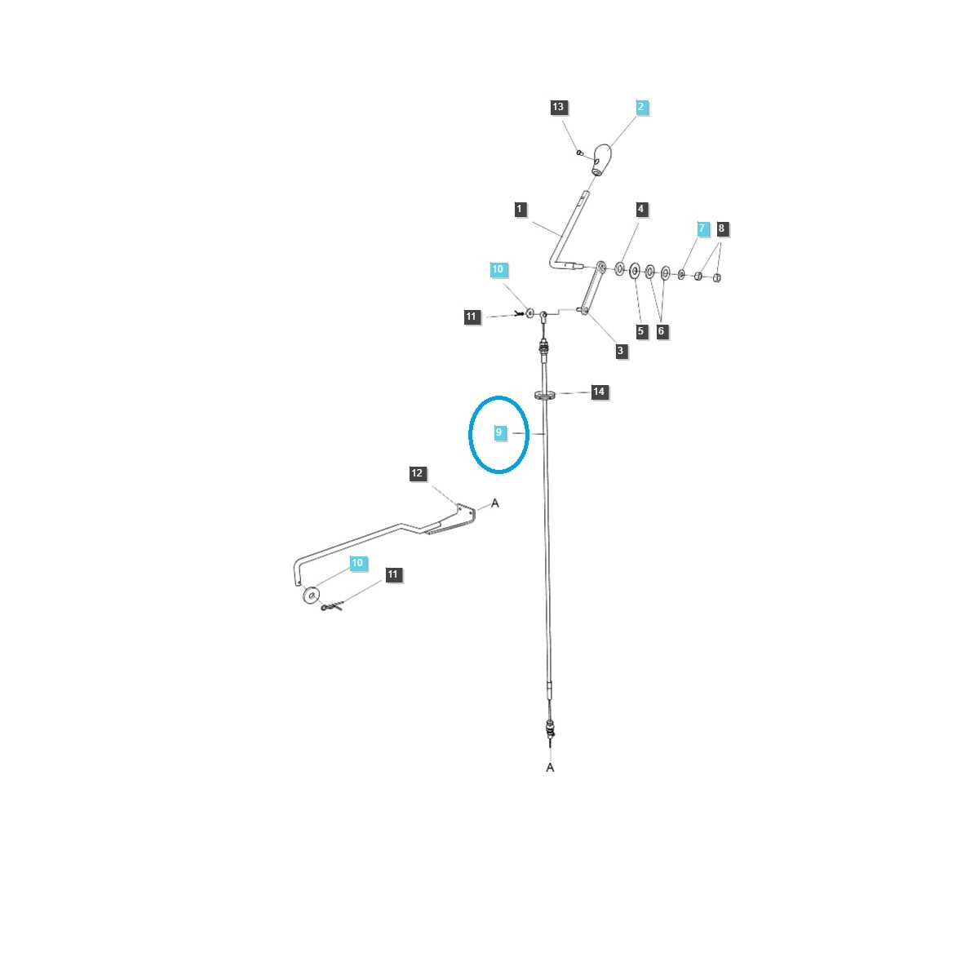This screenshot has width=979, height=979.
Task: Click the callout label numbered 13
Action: (x=558, y=108)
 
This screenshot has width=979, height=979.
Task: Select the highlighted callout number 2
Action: (x=641, y=107)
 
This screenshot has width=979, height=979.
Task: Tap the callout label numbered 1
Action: (x=521, y=210)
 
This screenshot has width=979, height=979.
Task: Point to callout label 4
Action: (x=641, y=210)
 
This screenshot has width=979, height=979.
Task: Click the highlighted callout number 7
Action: (x=702, y=229)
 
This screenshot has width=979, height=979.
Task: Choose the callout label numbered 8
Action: (x=721, y=229)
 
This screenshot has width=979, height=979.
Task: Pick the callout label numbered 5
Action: (x=641, y=331)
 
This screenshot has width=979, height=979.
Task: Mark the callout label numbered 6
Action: (x=662, y=331)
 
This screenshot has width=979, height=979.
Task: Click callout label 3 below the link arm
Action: (x=621, y=351)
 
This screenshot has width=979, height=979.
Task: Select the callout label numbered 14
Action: (x=599, y=392)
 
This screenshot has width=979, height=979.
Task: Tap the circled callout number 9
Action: (x=499, y=433)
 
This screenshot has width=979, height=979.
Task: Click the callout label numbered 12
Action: (x=418, y=473)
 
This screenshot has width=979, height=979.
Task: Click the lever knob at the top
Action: (x=601, y=157)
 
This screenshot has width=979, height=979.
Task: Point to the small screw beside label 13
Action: (x=578, y=152)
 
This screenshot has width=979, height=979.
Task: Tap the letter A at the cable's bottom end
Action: (x=550, y=768)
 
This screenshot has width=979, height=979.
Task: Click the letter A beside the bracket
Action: (x=494, y=503)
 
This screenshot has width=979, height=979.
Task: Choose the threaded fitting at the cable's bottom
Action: (x=549, y=728)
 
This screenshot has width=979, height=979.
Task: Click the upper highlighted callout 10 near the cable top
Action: (x=498, y=269)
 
